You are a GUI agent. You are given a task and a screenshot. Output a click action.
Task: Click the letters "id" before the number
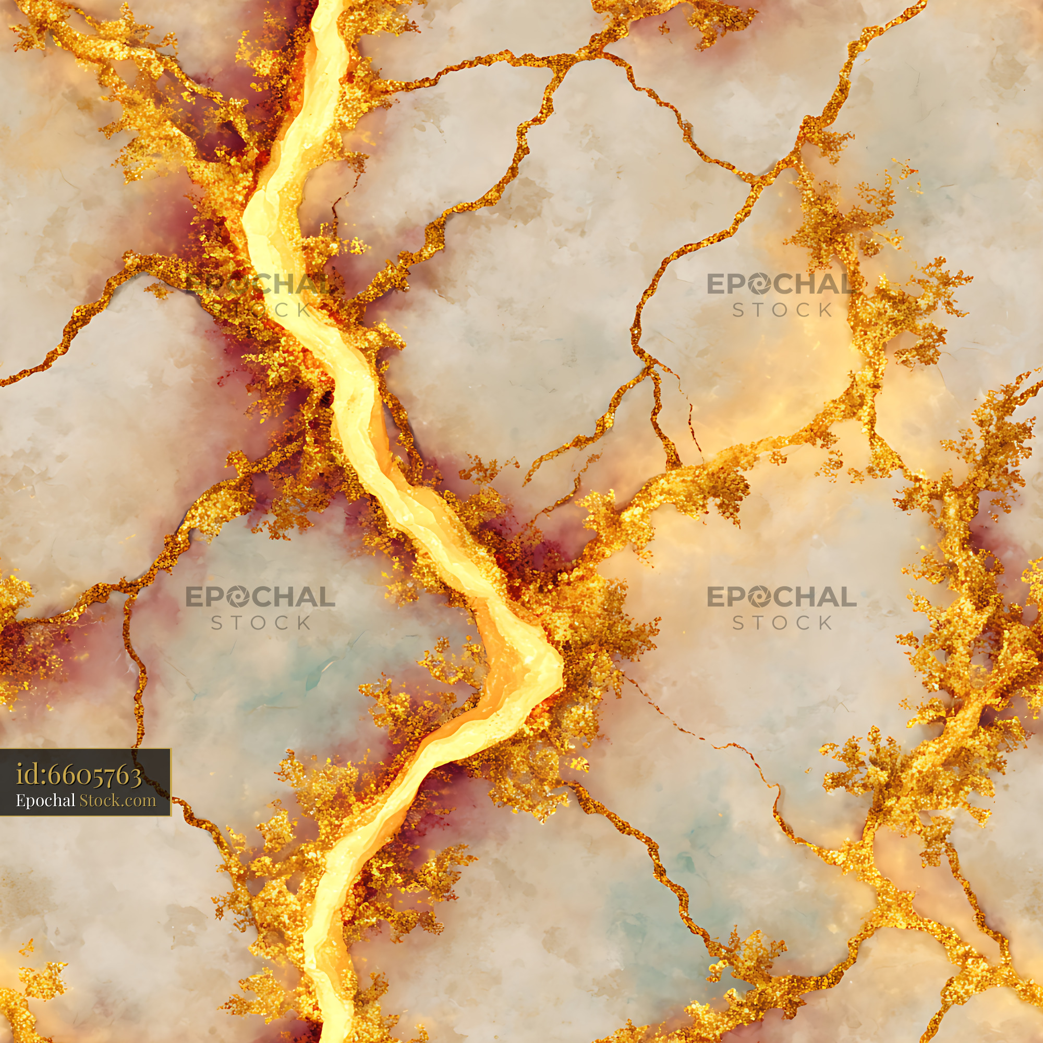tap(25, 775)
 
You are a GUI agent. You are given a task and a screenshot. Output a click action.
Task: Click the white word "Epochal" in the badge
tap(45, 801)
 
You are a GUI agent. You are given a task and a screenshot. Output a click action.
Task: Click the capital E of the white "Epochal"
tap(20, 800)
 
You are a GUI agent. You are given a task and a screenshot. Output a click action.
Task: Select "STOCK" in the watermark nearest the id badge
tap(261, 623)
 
